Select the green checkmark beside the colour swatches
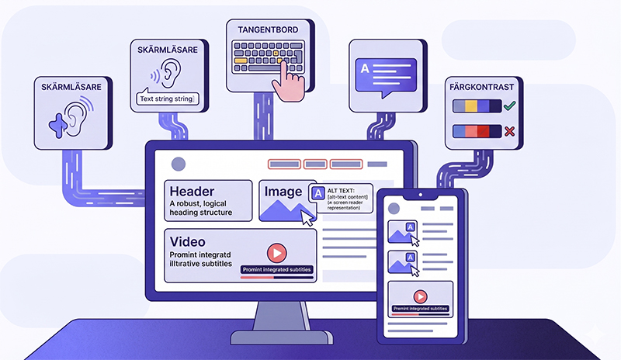point(509,106)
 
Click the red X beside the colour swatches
point(509,131)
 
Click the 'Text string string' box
point(166,99)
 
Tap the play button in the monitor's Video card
point(276,253)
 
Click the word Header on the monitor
point(192,192)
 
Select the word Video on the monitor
point(186,241)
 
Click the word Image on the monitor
point(283,192)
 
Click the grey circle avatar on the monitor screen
point(179,164)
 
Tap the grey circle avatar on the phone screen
point(394,209)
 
